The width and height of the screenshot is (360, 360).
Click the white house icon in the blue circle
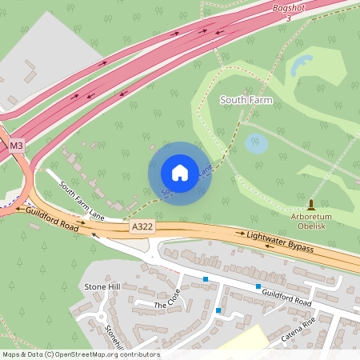pyautogui.click(x=180, y=173)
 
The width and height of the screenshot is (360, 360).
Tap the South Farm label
pyautogui.click(x=247, y=100)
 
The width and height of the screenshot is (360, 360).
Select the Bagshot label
pyautogui.click(x=289, y=6)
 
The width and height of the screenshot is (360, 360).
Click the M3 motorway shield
pyautogui.click(x=17, y=146)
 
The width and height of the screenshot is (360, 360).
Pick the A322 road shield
pyautogui.click(x=142, y=228)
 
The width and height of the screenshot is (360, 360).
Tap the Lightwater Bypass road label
pyautogui.click(x=279, y=240)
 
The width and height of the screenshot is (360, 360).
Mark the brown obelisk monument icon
pyautogui.click(x=311, y=205)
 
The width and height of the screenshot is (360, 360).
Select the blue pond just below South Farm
pyautogui.click(x=256, y=144)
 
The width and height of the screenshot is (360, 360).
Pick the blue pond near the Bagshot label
pyautogui.click(x=302, y=65)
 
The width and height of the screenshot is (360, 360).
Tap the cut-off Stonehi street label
pyautogui.click(x=112, y=338)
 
